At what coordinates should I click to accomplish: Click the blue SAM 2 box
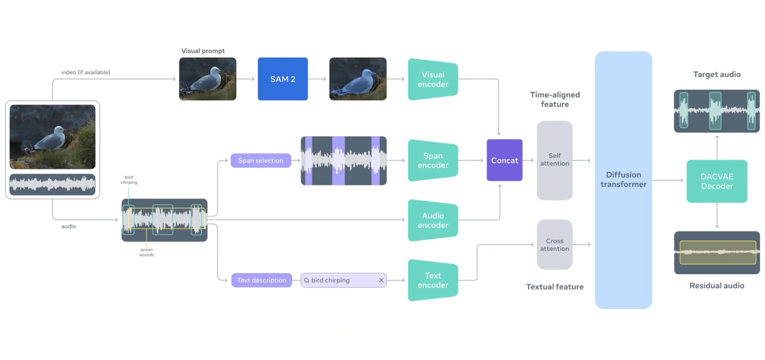(x=283, y=79)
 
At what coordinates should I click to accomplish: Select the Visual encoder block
(x=433, y=79)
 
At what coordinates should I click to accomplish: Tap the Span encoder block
(x=433, y=160)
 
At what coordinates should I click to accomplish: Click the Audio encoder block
(x=433, y=220)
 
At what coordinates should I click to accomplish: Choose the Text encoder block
(x=433, y=280)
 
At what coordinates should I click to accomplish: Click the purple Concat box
(x=504, y=160)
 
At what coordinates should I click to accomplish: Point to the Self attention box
(x=554, y=160)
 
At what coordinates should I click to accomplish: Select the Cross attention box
(x=554, y=245)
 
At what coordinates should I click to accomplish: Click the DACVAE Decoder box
(x=717, y=181)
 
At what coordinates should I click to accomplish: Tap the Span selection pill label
(x=260, y=160)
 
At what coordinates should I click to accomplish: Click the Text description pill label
(x=261, y=280)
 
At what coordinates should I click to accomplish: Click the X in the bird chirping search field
(x=381, y=280)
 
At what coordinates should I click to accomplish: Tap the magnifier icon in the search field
(x=307, y=280)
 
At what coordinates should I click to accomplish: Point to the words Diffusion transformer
(x=623, y=179)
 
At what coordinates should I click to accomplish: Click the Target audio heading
(x=717, y=74)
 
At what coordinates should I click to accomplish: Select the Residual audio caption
(x=717, y=286)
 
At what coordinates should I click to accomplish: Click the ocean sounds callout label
(x=146, y=252)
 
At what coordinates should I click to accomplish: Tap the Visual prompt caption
(x=203, y=51)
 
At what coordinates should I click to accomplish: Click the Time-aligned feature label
(x=555, y=99)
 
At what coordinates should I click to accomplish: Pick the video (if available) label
(x=86, y=72)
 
